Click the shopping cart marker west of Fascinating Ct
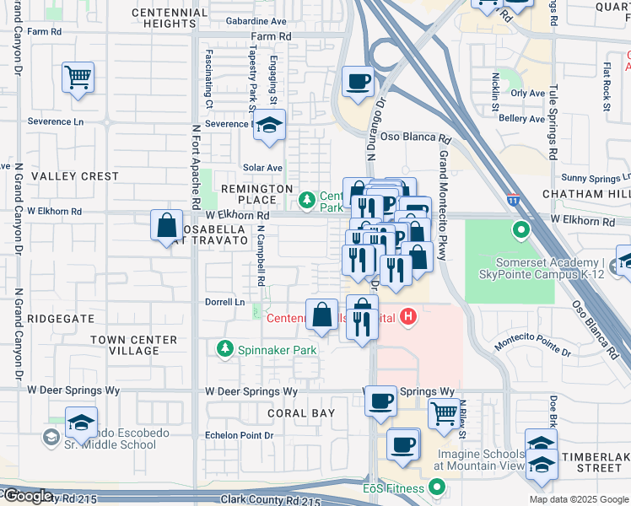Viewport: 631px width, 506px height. (78, 78)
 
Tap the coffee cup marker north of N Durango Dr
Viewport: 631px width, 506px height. (359, 82)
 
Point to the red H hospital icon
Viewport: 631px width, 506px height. (408, 318)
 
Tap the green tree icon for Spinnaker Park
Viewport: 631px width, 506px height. (224, 348)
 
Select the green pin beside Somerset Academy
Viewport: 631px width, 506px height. (520, 229)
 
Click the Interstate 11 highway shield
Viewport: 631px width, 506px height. (513, 200)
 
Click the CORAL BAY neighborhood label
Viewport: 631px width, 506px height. (301, 413)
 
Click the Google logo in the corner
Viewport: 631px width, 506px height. (27, 496)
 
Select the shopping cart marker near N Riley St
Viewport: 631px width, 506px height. (444, 413)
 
